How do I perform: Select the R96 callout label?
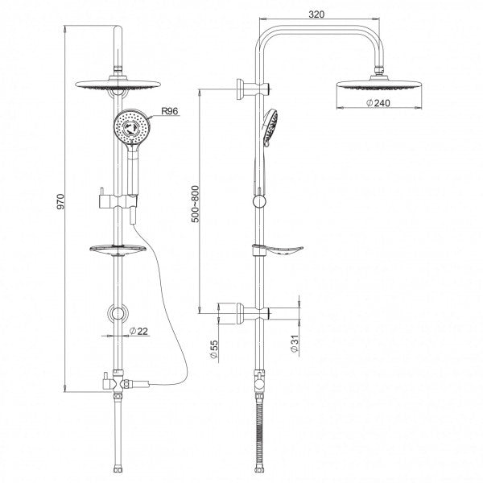[170, 113]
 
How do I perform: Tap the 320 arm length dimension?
[316, 14]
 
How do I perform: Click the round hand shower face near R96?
[130, 129]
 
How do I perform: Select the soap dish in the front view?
[117, 250]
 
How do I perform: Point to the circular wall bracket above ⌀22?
[118, 313]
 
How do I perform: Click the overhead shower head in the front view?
[120, 87]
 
